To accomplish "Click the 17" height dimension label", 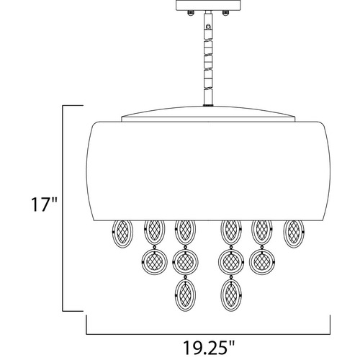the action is tap(44, 204).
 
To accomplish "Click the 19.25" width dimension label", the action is tap(208, 346).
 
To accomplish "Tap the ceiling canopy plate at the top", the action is tap(208, 5).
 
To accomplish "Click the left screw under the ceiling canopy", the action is tap(191, 14).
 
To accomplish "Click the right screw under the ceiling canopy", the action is tap(225, 14).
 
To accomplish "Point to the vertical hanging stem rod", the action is tap(208, 59).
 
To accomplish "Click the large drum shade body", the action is tap(208, 171).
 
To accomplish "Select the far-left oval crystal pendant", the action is tap(122, 234).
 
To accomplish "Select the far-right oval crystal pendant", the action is tap(294, 234).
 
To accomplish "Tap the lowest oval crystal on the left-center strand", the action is tap(185, 295).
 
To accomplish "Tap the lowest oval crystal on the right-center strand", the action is tap(231, 295).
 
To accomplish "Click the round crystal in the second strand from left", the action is tap(154, 261).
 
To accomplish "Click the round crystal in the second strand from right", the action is tap(262, 261).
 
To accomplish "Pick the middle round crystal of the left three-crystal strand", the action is tap(185, 262).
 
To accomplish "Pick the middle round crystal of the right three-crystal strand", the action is tap(231, 262).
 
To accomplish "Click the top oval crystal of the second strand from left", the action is tap(154, 231).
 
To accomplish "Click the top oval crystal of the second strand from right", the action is tap(262, 231).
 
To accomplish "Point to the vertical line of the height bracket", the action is tap(63, 208).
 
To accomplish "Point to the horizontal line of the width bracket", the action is tap(208, 334).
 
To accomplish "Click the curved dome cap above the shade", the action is tap(208, 114).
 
